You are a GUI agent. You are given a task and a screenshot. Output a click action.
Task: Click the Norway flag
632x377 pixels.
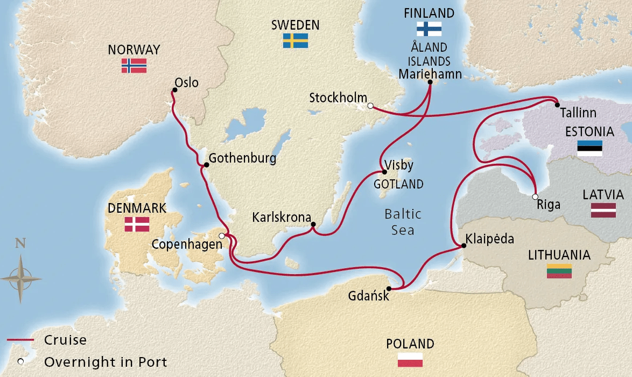[x=134, y=66]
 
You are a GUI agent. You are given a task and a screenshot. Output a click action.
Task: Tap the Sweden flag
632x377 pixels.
[x=296, y=40]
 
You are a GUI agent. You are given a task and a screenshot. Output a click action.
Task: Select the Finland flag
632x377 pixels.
[x=429, y=29]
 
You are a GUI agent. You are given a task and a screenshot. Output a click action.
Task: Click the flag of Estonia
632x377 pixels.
[x=589, y=148]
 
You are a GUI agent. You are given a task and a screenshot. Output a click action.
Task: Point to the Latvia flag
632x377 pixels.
[x=603, y=211]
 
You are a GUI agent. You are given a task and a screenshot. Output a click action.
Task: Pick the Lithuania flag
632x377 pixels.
[x=559, y=271]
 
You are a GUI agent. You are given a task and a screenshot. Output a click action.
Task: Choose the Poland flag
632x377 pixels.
[x=410, y=360]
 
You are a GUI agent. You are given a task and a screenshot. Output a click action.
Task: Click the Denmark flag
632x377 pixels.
[x=137, y=224]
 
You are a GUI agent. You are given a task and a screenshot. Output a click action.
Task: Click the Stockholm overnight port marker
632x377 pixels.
[x=370, y=106]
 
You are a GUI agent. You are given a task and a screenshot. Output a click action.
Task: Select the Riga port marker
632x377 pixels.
[x=535, y=197]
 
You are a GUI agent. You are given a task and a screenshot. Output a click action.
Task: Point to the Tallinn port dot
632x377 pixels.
[x=557, y=104]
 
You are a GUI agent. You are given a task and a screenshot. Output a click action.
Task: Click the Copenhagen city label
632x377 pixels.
[x=186, y=244]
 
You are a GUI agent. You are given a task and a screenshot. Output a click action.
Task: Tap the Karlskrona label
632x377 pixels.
[x=282, y=218]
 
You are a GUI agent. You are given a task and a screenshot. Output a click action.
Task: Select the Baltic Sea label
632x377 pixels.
[x=403, y=222]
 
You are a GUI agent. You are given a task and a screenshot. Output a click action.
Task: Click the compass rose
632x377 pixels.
[x=21, y=278]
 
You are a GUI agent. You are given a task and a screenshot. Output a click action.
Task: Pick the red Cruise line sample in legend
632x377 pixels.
[x=20, y=340]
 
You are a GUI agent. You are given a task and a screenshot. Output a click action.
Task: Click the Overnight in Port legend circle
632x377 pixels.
[x=21, y=361]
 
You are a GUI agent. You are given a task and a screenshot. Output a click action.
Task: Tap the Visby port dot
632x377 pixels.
[x=384, y=172]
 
